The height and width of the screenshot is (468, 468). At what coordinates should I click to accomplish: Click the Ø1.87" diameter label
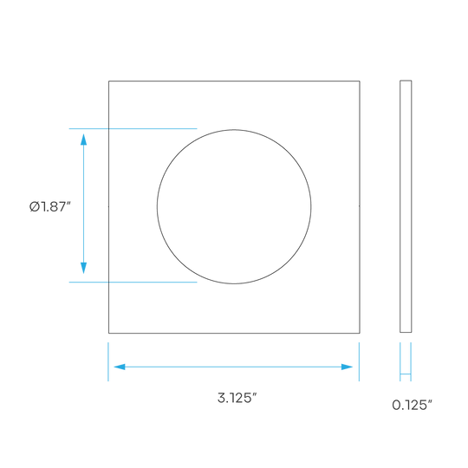point(50,206)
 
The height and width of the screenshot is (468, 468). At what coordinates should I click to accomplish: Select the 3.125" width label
point(237,398)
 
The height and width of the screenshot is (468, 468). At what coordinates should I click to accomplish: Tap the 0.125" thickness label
point(412,405)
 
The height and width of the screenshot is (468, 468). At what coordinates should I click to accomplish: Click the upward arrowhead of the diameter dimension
point(83,140)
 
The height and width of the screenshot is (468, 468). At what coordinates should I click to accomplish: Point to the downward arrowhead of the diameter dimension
point(83,268)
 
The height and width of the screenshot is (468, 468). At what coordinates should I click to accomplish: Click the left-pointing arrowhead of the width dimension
point(120,367)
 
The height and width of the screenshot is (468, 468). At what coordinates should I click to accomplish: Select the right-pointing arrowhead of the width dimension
point(348,367)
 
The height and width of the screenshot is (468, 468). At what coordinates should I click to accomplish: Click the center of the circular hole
point(234,206)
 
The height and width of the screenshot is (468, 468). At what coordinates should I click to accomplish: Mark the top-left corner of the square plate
point(108,81)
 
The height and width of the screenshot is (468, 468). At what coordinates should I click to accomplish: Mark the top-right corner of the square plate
point(360,81)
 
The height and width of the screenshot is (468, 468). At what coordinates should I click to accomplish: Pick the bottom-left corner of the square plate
point(108,333)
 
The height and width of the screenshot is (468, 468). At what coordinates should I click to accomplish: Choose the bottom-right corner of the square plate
point(360,333)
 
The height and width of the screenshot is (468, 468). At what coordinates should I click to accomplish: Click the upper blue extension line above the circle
point(133,128)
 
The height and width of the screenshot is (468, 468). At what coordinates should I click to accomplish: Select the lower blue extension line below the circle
point(133,282)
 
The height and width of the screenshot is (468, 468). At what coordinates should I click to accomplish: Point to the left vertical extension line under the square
point(108,361)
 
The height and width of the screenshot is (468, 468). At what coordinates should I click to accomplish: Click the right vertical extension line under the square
point(359,361)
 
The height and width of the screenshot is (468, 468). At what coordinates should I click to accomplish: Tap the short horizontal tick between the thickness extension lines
point(406,374)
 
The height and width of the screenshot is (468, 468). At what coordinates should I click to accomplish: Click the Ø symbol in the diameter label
point(35,206)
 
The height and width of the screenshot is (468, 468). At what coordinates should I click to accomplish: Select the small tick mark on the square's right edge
point(359,206)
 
